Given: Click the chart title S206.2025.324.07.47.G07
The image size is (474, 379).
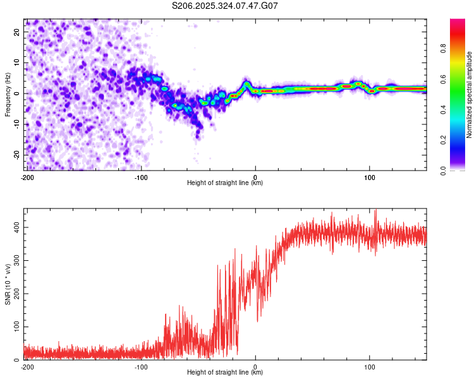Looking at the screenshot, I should point(225,6).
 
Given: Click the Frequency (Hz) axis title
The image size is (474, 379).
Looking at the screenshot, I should point(8,94).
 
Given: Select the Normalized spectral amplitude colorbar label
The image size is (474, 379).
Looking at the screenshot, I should point(469,95).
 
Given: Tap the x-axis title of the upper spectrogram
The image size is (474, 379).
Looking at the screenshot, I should point(225,183).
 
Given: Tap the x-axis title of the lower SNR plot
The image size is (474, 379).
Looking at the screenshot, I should point(225,373).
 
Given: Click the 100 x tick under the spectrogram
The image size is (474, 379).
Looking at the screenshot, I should point(370,177).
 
